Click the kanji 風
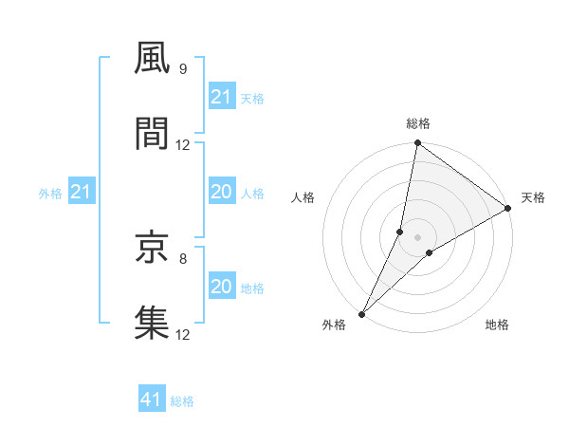152,59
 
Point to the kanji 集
152,322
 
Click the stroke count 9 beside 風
182,69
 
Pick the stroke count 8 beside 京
182,257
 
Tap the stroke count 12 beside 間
183,145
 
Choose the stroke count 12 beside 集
183,334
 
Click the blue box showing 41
152,400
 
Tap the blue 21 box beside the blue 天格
221,97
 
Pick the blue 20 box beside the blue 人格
221,192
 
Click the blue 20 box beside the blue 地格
221,287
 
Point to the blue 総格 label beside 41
182,401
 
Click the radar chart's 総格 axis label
418,123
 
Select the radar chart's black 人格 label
303,197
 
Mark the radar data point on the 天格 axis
507,209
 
